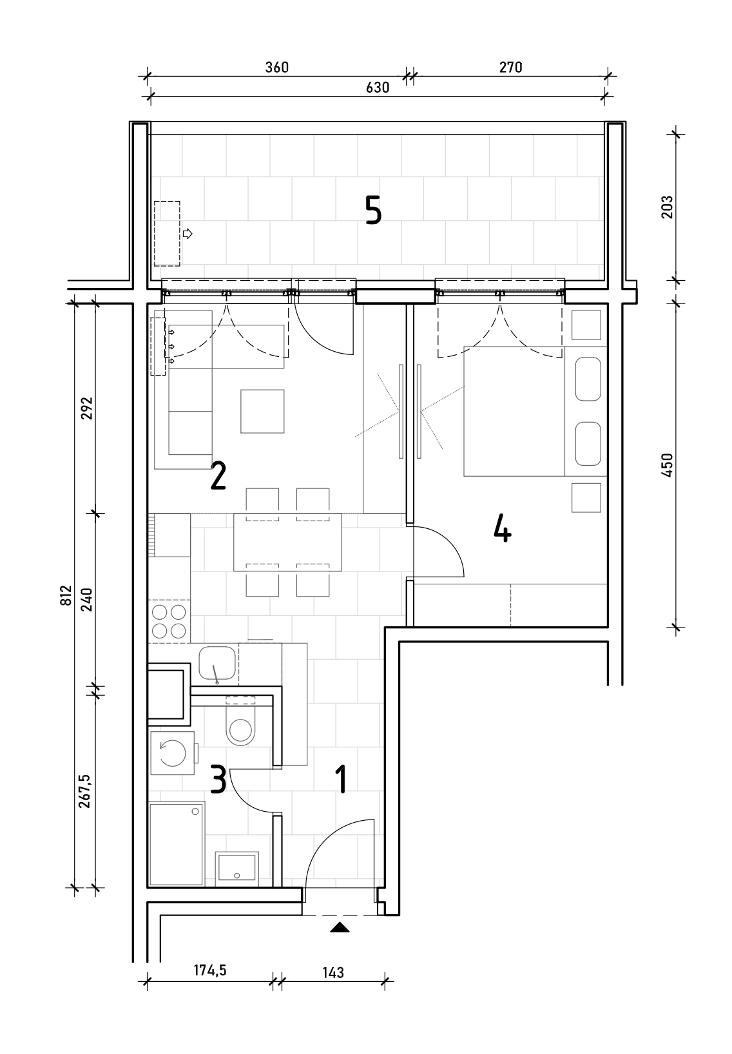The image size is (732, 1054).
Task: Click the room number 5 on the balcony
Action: (x=373, y=210)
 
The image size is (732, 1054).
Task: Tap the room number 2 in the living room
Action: (x=218, y=475)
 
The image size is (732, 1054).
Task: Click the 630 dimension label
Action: (x=378, y=88)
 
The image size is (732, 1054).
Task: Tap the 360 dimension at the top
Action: (x=277, y=67)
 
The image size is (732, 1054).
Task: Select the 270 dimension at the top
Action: (x=511, y=67)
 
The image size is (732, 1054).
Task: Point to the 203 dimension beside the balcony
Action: (x=667, y=207)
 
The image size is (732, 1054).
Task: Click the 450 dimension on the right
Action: (x=667, y=465)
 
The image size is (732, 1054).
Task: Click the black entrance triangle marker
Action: (x=340, y=928)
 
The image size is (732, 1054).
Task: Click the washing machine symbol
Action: (x=173, y=753)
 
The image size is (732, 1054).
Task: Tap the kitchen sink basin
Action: (x=217, y=663)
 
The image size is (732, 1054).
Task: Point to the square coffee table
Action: (x=262, y=411)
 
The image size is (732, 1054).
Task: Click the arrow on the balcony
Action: (x=188, y=233)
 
